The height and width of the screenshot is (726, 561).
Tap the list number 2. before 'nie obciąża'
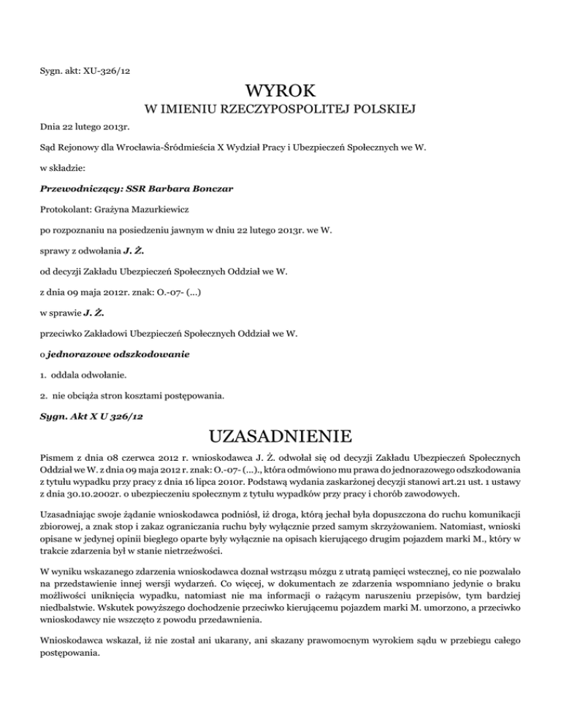pos(42,397)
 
